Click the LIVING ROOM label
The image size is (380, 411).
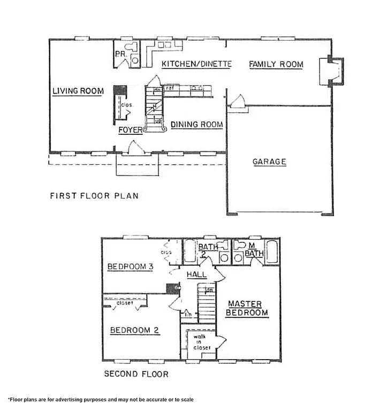coord(78,91)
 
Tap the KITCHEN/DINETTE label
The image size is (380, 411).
coord(196,64)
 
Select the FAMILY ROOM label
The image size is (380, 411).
coord(276,65)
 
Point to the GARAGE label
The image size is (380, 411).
coord(269,162)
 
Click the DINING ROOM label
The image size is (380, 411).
coord(196,125)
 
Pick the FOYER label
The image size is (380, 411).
coord(131,130)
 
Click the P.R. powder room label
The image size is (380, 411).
coord(120,54)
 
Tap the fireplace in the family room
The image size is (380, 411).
coord(330,72)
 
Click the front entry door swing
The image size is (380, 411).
coord(138,147)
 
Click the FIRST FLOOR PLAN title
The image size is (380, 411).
coord(94,196)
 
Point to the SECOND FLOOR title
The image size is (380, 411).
coord(136,374)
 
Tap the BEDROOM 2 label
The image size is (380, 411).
coord(134,330)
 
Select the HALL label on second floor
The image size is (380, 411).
coord(196,275)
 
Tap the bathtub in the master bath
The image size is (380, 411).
coord(271,252)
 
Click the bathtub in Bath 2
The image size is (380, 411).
coord(191,252)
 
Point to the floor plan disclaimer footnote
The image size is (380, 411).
coord(100,400)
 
